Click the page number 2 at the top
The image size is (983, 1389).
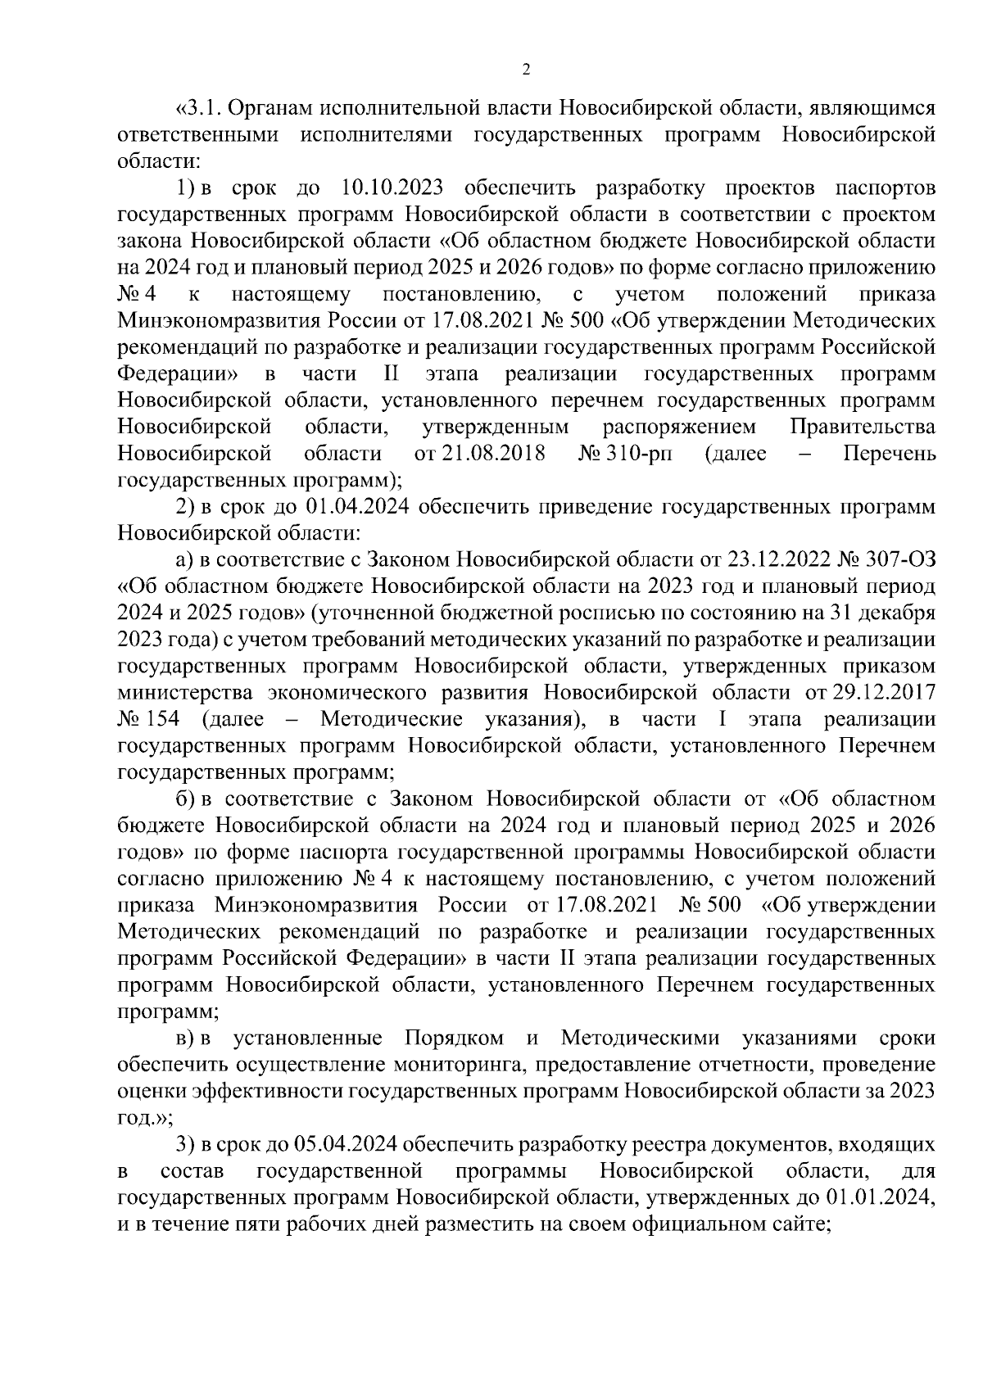coord(526,70)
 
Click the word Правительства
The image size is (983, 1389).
coord(863,427)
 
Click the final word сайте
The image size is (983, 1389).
coord(804,1224)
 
